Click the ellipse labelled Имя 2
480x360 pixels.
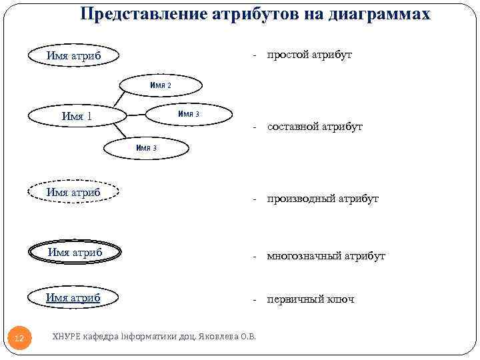[161, 85]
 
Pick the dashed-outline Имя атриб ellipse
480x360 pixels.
[73, 192]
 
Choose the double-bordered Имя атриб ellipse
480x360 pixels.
[75, 252]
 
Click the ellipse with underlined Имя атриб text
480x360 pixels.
[73, 297]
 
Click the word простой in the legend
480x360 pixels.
[287, 55]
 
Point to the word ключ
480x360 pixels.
[340, 299]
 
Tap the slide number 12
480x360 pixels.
[19, 339]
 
